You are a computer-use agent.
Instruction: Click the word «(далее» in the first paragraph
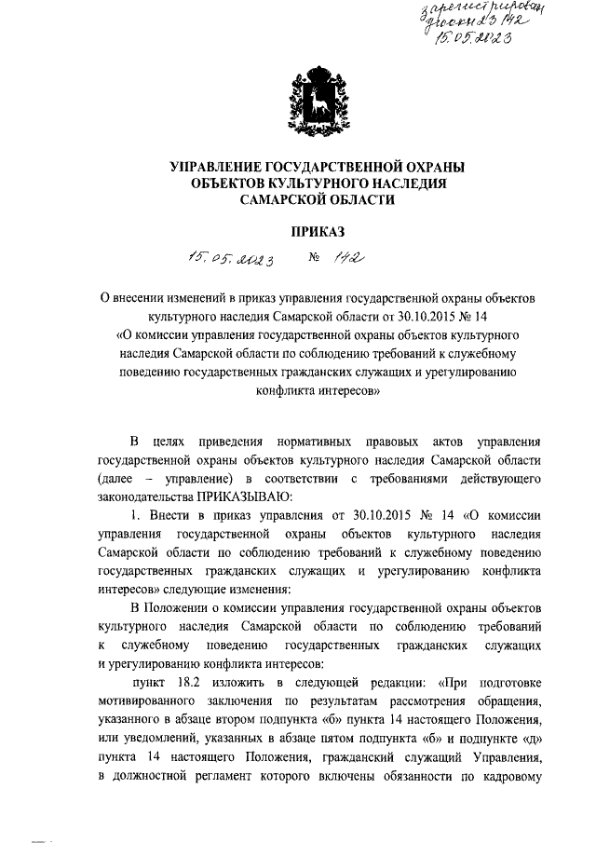point(117,477)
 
